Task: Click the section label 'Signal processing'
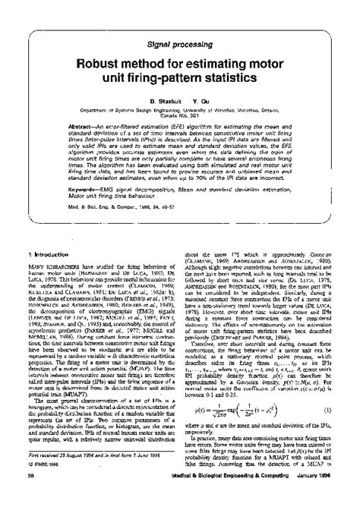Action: click(180, 45)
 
